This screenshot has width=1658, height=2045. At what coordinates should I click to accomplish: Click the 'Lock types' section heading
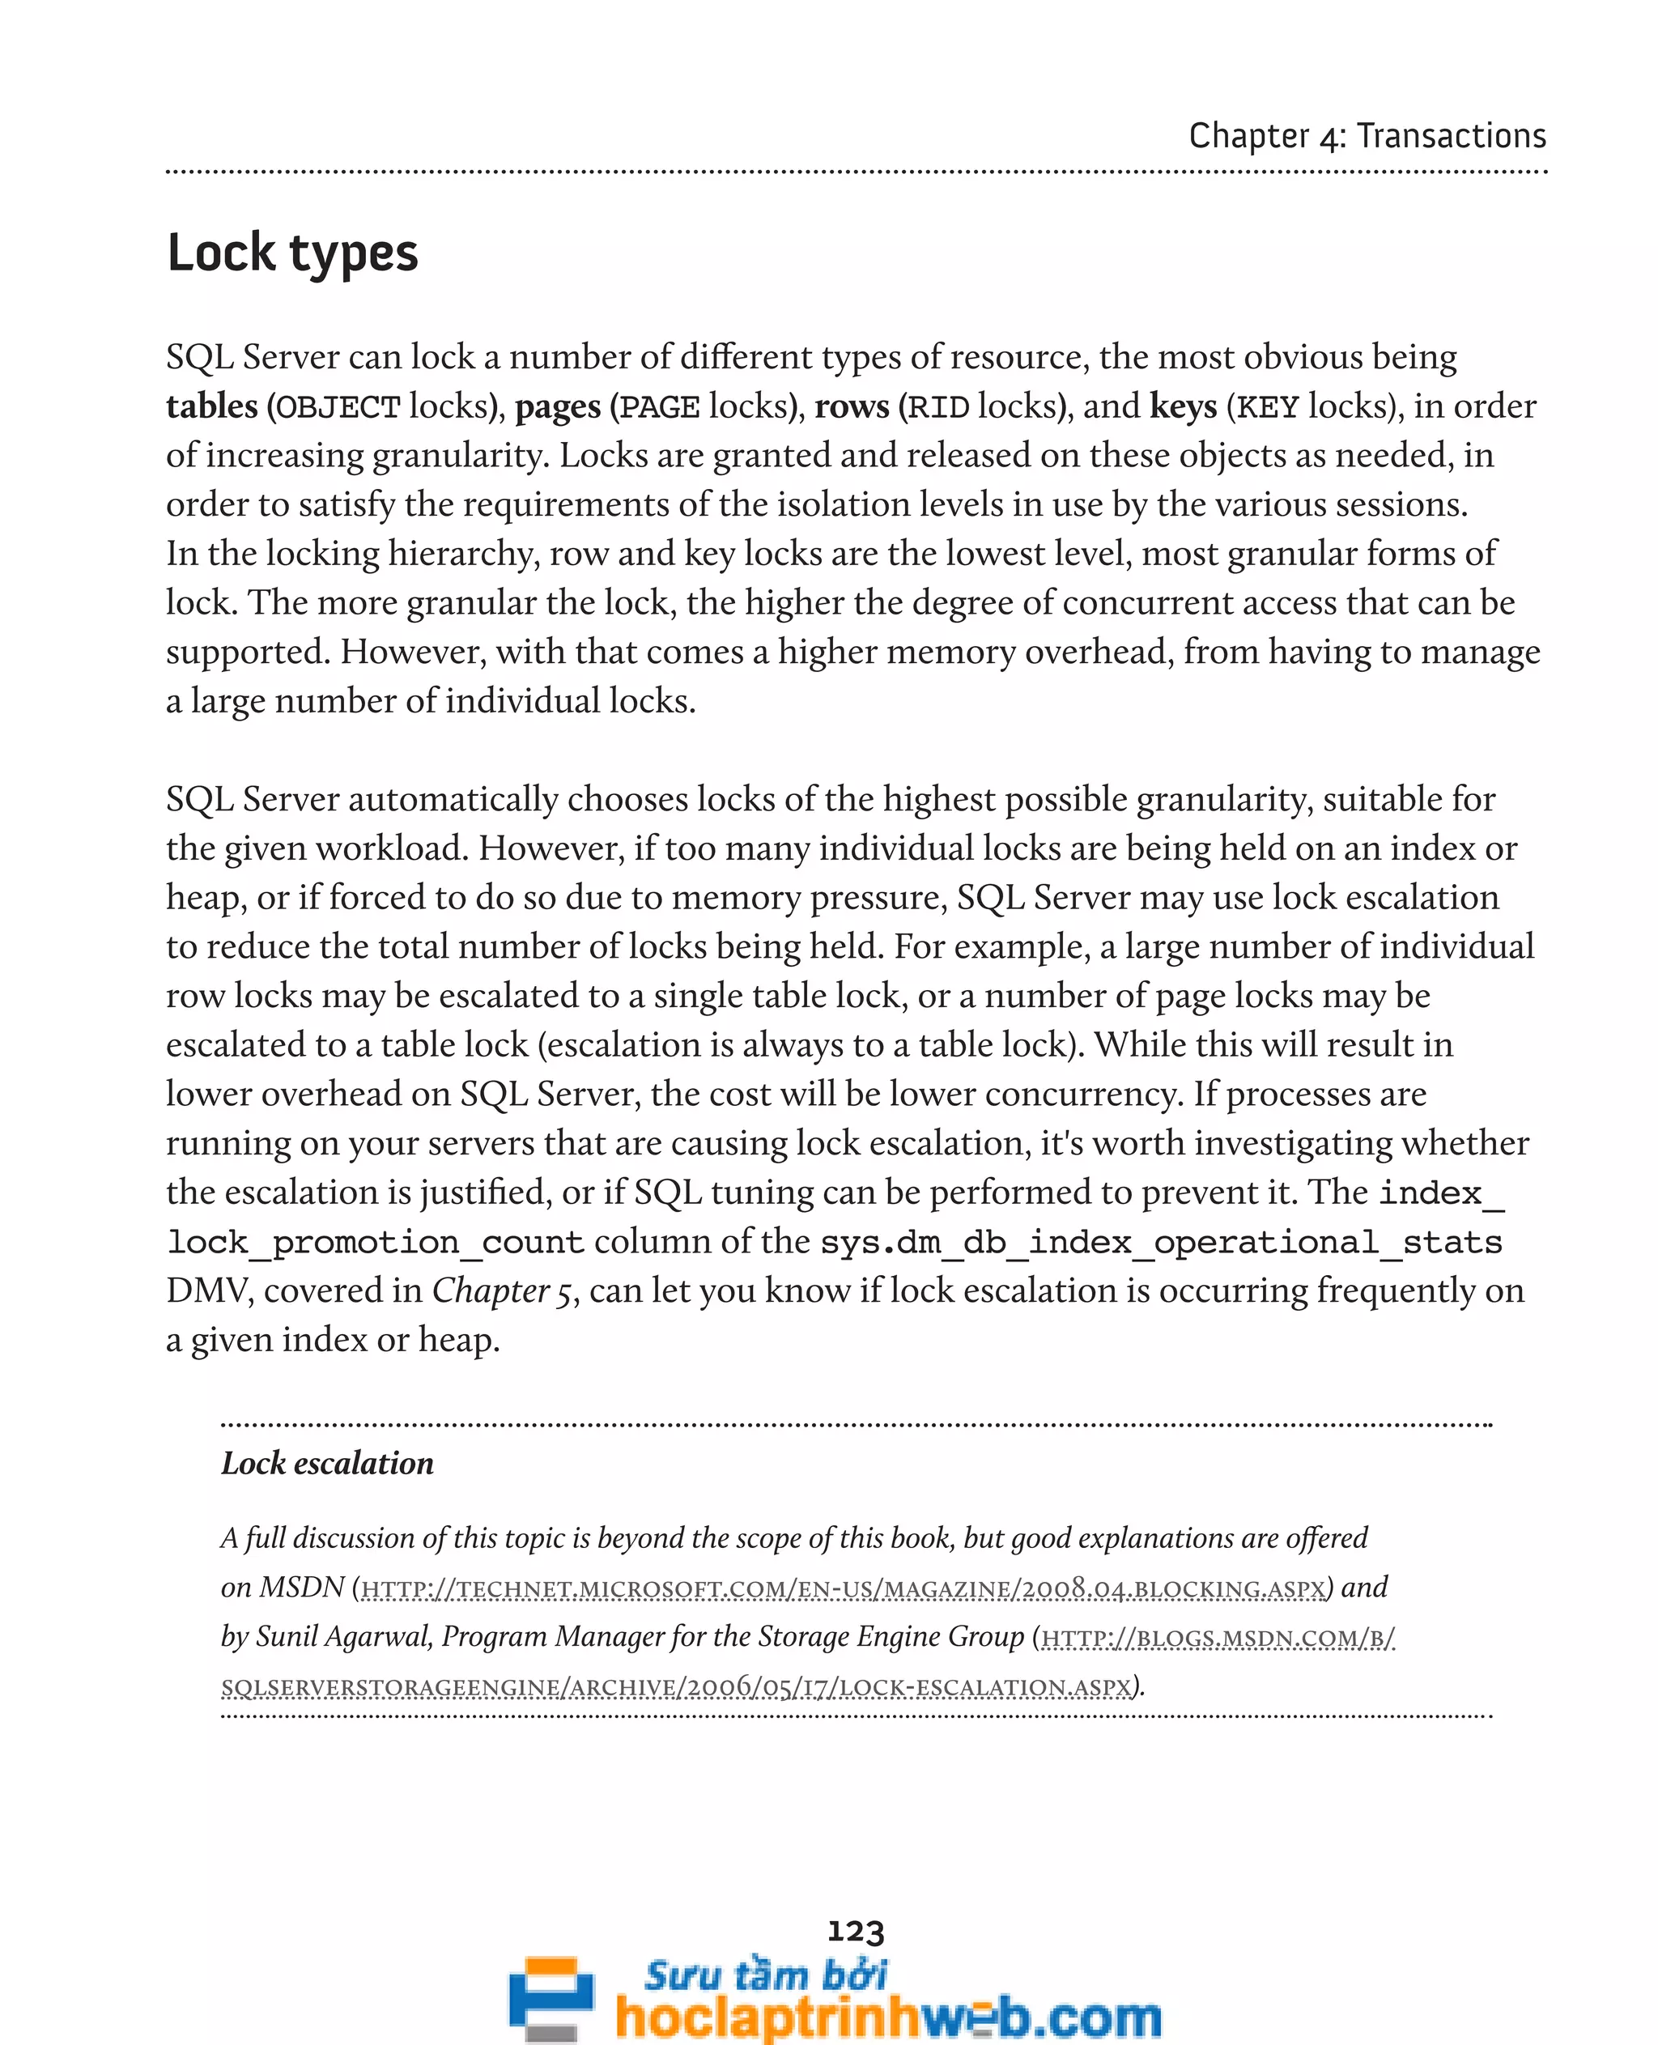pos(292,254)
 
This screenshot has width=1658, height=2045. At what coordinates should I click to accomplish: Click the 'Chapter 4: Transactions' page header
pos(1366,136)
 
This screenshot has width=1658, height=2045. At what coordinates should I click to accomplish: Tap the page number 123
pos(855,1932)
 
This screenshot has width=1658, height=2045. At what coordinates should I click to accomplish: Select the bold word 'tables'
pos(212,407)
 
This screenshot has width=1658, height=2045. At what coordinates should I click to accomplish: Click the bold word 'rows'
pos(851,407)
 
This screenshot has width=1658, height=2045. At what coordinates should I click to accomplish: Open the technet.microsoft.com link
pos(844,1588)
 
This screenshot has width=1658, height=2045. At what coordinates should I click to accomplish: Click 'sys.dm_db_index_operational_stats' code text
pos(1160,1243)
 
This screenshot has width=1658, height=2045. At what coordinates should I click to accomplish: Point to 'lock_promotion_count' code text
pos(376,1243)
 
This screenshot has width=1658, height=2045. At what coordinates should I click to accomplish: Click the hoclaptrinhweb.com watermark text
pos(888,2017)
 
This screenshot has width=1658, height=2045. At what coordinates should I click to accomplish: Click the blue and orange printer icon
pos(551,1997)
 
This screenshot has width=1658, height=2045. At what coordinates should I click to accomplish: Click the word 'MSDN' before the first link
pos(302,1588)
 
